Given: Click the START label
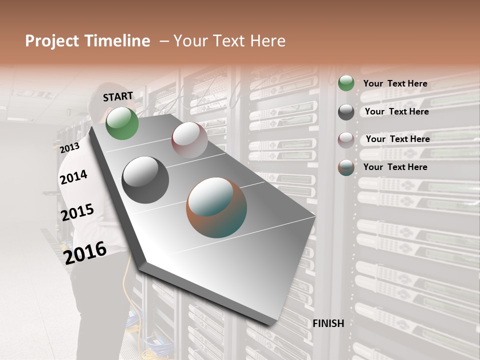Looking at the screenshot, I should [118, 96].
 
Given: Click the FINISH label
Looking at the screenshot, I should [328, 323].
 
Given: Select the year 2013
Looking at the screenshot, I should [69, 148].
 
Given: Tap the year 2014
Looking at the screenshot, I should [73, 177].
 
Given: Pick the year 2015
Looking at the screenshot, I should [77, 213].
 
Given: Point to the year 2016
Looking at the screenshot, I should [85, 252].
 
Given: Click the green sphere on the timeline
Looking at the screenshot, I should [122, 123].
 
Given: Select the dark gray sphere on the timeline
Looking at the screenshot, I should [145, 180].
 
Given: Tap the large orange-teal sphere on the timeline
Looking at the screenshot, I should [216, 207].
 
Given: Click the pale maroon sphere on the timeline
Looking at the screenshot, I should [189, 140].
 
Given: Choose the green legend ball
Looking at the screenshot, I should [346, 83].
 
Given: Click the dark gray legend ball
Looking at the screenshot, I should [346, 112].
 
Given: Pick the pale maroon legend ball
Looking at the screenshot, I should [346, 140].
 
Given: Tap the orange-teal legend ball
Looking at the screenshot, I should [346, 168].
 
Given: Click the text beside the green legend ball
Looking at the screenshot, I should [395, 84].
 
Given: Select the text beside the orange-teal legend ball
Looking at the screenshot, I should [395, 167].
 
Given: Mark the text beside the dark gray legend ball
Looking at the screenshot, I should [396, 111].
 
